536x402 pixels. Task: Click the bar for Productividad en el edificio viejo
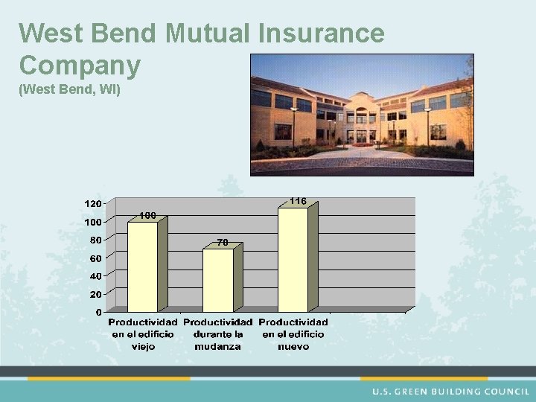coord(143,267)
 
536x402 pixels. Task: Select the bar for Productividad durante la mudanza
coord(217,280)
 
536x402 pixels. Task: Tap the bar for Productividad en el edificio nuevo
coord(293,259)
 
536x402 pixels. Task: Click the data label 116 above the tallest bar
coord(298,201)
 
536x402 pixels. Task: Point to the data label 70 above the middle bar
coord(222,242)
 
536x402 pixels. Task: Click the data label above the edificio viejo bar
coord(147,215)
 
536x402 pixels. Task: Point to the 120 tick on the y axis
coord(92,203)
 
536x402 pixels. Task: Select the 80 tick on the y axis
coord(95,240)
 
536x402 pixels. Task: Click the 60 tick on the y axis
coord(95,258)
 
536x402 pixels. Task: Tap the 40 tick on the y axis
coord(95,276)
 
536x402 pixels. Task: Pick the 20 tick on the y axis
coord(95,294)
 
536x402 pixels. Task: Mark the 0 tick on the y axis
coord(98,312)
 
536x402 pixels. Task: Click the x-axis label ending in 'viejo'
coord(143,334)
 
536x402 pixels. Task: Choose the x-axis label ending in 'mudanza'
coord(217,334)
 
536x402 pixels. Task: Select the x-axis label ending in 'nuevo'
coord(293,334)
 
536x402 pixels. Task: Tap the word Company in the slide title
coord(80,66)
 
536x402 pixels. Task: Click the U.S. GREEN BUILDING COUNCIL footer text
coord(451,392)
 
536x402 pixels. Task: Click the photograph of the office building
coord(362,115)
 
